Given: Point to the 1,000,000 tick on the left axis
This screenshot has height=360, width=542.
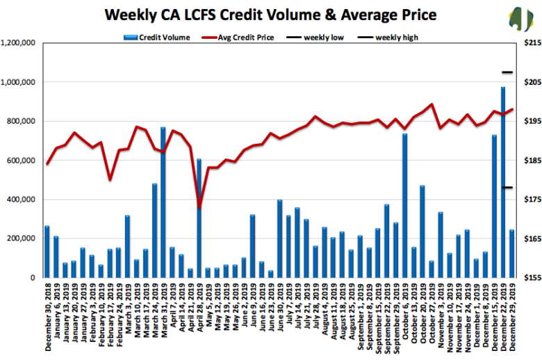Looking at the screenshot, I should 20,82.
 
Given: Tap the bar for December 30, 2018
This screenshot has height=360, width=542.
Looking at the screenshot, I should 47,252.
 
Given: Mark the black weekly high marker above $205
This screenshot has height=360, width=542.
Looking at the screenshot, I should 507,72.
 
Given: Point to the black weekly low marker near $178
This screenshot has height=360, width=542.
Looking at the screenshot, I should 507,187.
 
